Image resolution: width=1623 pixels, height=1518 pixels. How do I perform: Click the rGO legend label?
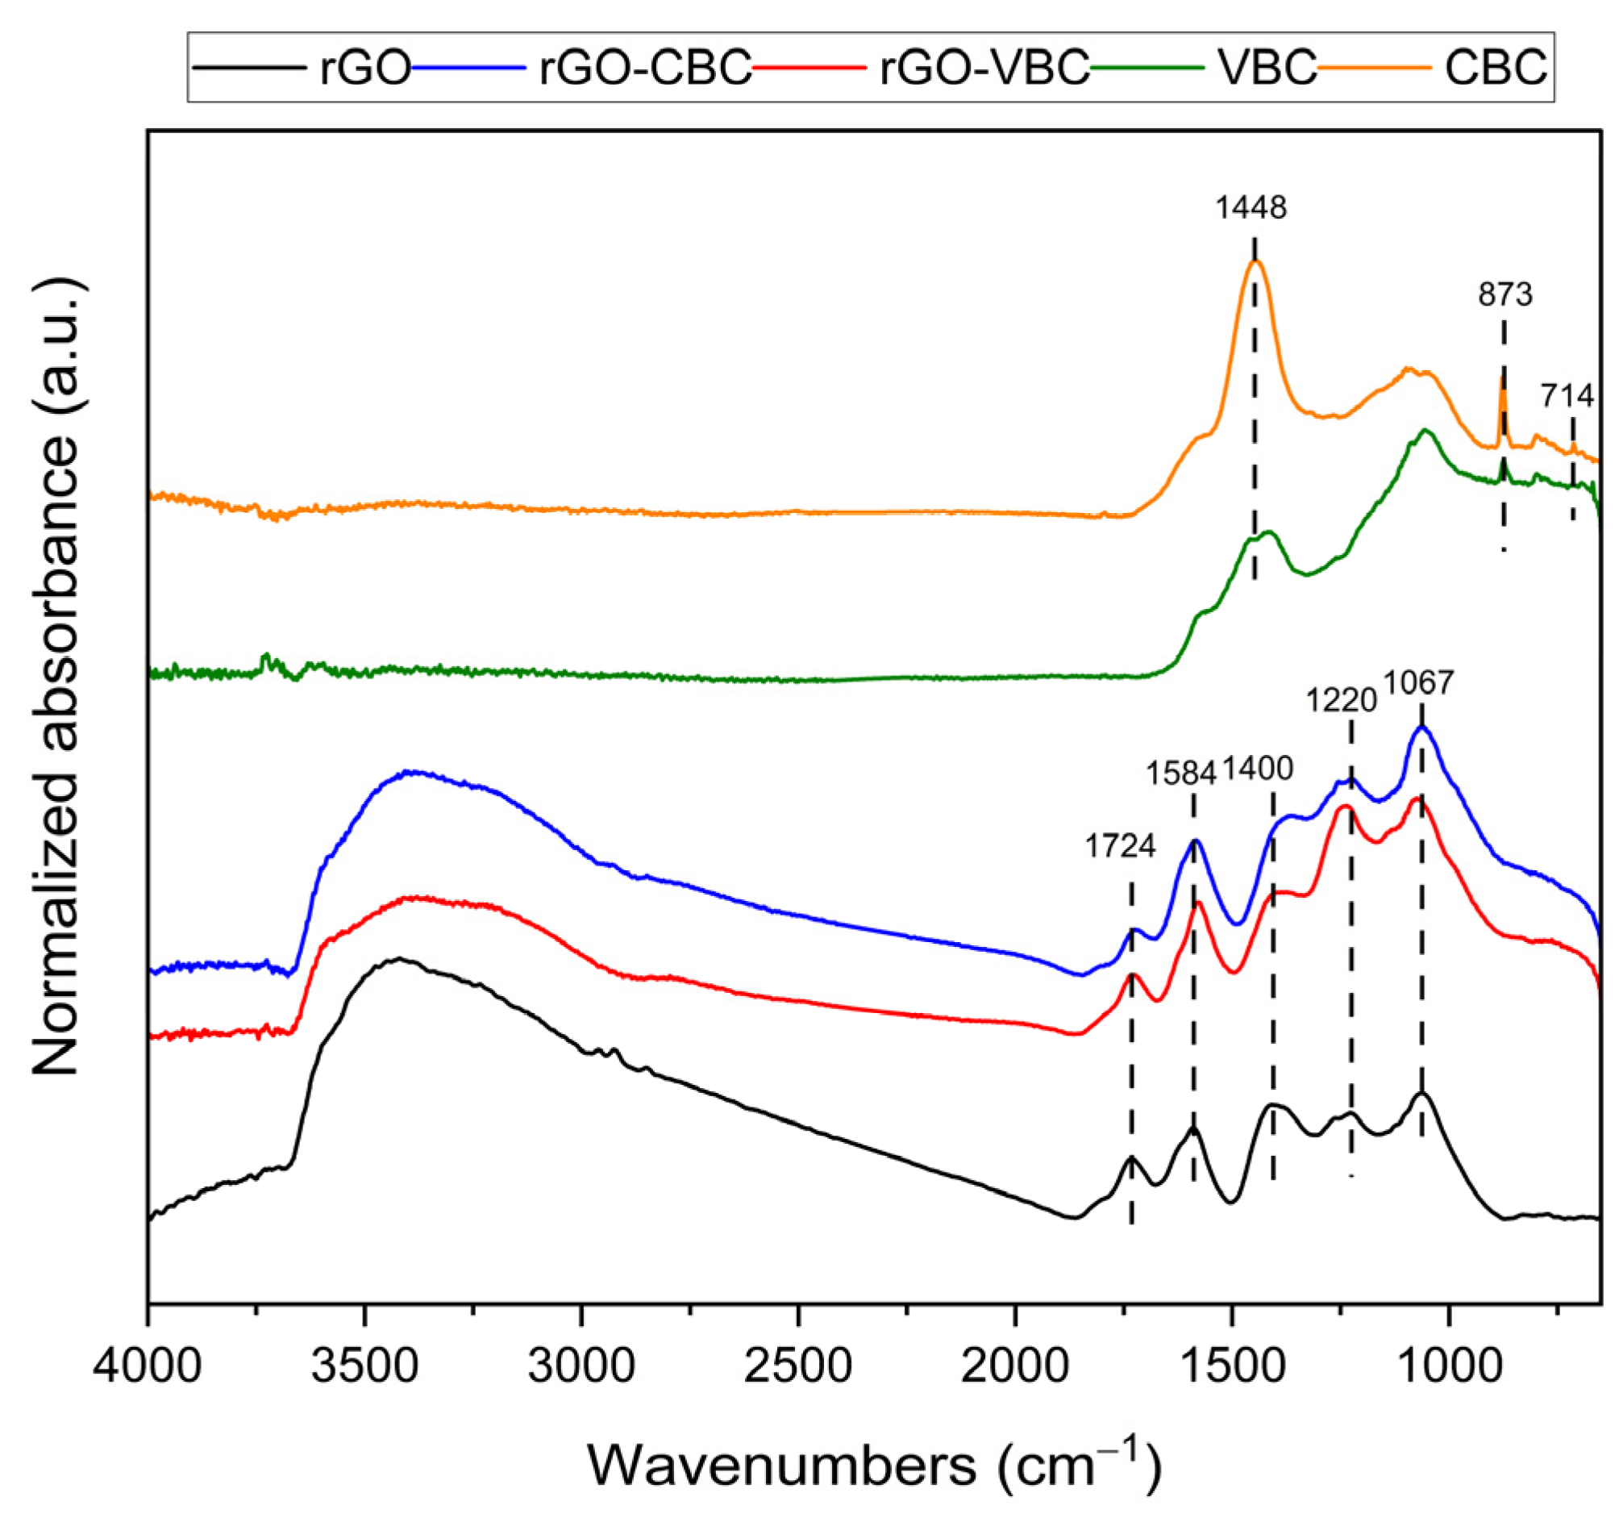(364, 68)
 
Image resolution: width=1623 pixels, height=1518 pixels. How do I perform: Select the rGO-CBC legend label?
(644, 68)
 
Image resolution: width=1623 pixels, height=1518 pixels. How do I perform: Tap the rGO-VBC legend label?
(984, 68)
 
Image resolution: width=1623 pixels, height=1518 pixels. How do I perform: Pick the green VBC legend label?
(1267, 68)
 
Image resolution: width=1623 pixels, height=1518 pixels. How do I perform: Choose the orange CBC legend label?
(1496, 68)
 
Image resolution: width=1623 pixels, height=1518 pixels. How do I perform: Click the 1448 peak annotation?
(1251, 207)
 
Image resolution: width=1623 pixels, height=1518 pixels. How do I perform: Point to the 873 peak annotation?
(1505, 294)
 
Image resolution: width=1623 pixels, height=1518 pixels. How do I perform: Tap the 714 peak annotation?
(1567, 396)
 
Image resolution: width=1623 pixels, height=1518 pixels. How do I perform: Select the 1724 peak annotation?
(1120, 847)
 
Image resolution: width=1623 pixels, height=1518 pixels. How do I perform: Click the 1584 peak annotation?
(1180, 773)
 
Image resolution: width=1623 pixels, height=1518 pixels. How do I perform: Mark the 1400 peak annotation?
(1257, 769)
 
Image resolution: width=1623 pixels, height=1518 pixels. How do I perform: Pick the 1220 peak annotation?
(1342, 700)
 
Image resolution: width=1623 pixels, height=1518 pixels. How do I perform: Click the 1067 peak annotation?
(1418, 682)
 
